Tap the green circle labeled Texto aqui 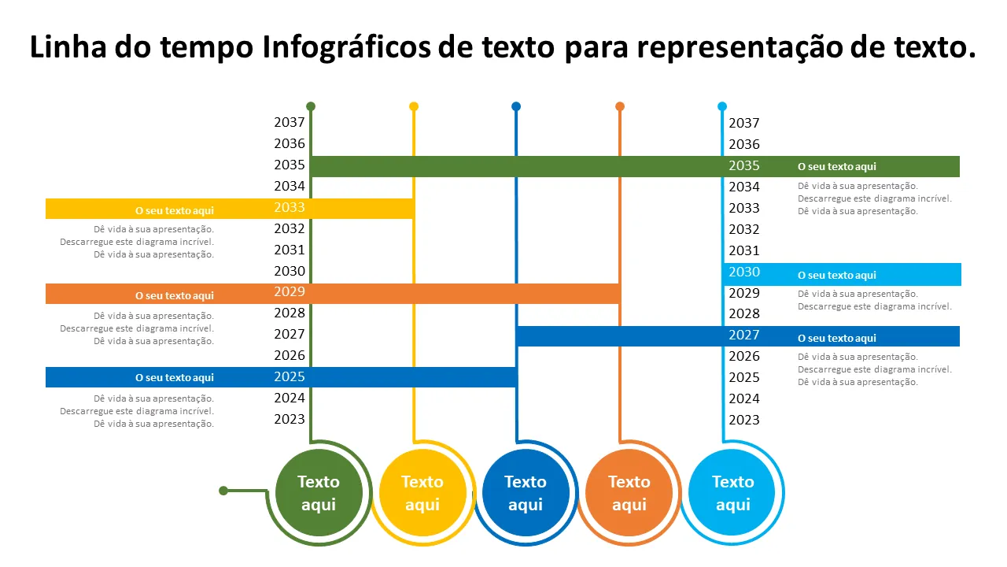pyautogui.click(x=319, y=493)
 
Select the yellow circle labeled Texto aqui pyautogui.click(x=422, y=493)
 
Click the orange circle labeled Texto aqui pyautogui.click(x=629, y=493)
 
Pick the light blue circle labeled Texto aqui pyautogui.click(x=732, y=493)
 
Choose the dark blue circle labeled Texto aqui pyautogui.click(x=526, y=493)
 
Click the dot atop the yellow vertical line pyautogui.click(x=414, y=106)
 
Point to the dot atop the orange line pyautogui.click(x=620, y=106)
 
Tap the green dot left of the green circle pyautogui.click(x=223, y=491)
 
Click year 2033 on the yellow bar pyautogui.click(x=290, y=208)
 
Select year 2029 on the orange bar pyautogui.click(x=290, y=292)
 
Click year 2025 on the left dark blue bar pyautogui.click(x=290, y=377)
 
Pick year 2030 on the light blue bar pyautogui.click(x=744, y=272)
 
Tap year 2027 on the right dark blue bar pyautogui.click(x=744, y=335)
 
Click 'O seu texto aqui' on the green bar pyautogui.click(x=836, y=167)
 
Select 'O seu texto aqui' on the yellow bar pyautogui.click(x=175, y=210)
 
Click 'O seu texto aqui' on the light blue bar pyautogui.click(x=836, y=276)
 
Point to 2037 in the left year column pyautogui.click(x=290, y=123)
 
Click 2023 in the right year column pyautogui.click(x=744, y=421)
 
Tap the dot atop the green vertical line pyautogui.click(x=311, y=106)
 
